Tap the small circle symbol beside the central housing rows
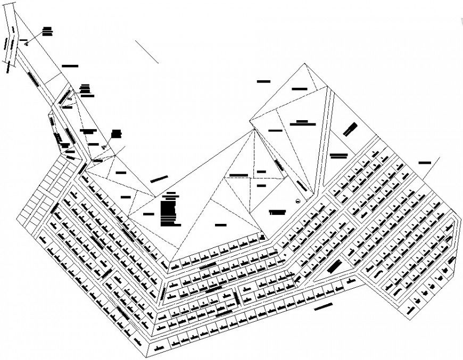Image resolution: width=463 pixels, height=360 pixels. (x=297, y=200)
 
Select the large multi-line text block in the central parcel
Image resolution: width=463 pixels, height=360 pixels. (x=169, y=207)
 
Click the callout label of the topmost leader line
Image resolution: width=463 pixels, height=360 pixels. (x=48, y=31)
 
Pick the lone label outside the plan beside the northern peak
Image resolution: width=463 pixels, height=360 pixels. (x=263, y=81)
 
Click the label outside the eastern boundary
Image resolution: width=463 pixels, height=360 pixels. (x=425, y=162)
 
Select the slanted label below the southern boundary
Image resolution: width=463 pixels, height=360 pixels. (x=323, y=306)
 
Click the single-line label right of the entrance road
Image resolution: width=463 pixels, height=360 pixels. (x=70, y=66)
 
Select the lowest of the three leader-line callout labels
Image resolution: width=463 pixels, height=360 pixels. (x=117, y=133)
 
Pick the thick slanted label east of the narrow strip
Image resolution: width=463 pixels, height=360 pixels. (x=350, y=129)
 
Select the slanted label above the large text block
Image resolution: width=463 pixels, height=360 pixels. (x=159, y=179)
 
